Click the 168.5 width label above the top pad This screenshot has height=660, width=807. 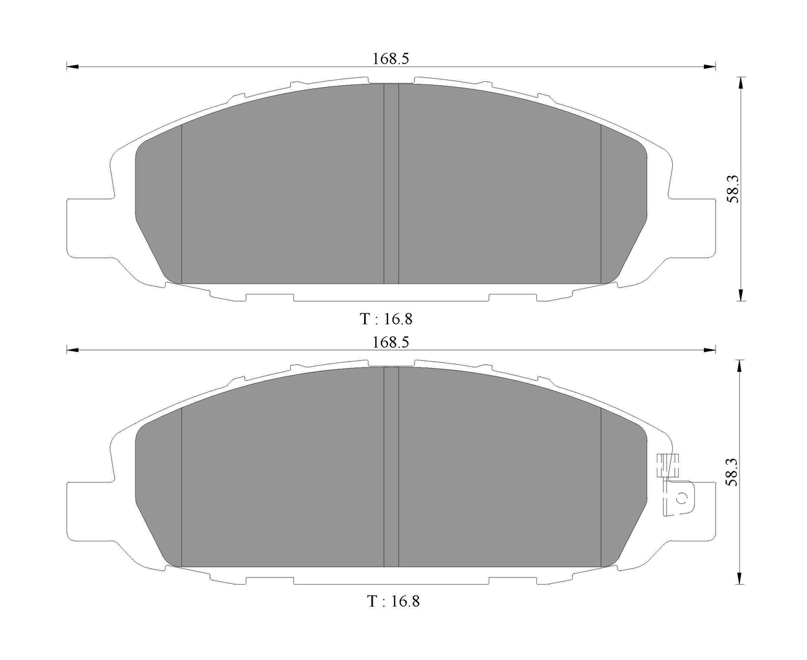pyautogui.click(x=391, y=59)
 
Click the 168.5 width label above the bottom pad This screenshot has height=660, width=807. pyautogui.click(x=391, y=342)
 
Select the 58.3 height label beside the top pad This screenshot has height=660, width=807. pyautogui.click(x=732, y=189)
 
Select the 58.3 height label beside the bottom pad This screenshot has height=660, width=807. pyautogui.click(x=732, y=472)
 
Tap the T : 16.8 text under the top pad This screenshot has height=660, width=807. pyautogui.click(x=385, y=318)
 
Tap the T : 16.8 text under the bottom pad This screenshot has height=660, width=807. pyautogui.click(x=393, y=601)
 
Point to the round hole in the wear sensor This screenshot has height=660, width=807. pyautogui.click(x=681, y=498)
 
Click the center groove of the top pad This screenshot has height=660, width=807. pyautogui.click(x=391, y=184)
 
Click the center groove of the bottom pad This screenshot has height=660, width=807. pyautogui.click(x=391, y=467)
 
